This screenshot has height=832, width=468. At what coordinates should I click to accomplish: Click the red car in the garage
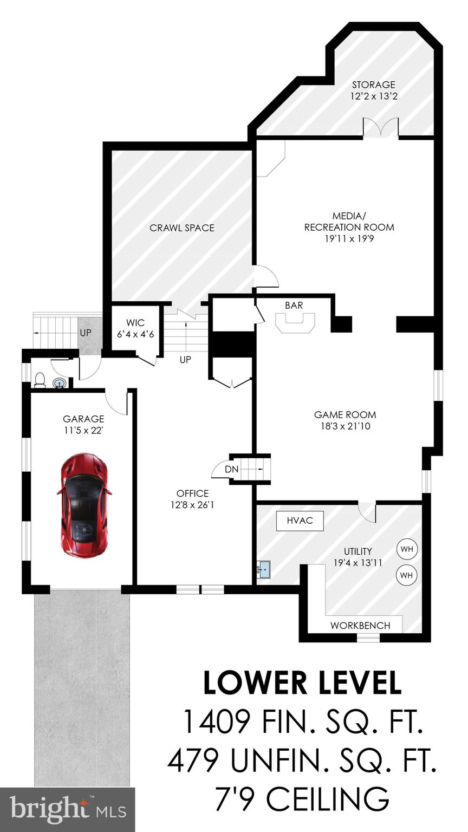click(x=84, y=505)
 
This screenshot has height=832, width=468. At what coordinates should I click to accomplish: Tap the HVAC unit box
click(x=300, y=521)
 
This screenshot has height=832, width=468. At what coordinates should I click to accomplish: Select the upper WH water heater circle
click(x=407, y=549)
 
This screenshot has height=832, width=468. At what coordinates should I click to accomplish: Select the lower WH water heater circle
click(x=407, y=575)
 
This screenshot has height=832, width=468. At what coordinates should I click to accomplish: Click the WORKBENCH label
click(x=360, y=625)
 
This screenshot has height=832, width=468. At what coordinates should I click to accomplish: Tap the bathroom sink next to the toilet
click(x=60, y=383)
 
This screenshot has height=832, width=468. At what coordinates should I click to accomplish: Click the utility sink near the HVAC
click(x=263, y=569)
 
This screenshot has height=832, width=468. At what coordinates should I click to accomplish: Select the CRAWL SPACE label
click(x=182, y=228)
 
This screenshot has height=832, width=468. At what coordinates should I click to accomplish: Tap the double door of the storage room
click(x=380, y=128)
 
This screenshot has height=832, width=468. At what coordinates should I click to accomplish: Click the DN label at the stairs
click(x=231, y=469)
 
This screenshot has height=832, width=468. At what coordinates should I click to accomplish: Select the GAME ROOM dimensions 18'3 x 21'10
click(x=345, y=426)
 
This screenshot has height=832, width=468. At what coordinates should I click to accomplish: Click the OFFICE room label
click(x=192, y=493)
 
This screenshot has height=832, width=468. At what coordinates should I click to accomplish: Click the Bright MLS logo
click(x=67, y=810)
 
